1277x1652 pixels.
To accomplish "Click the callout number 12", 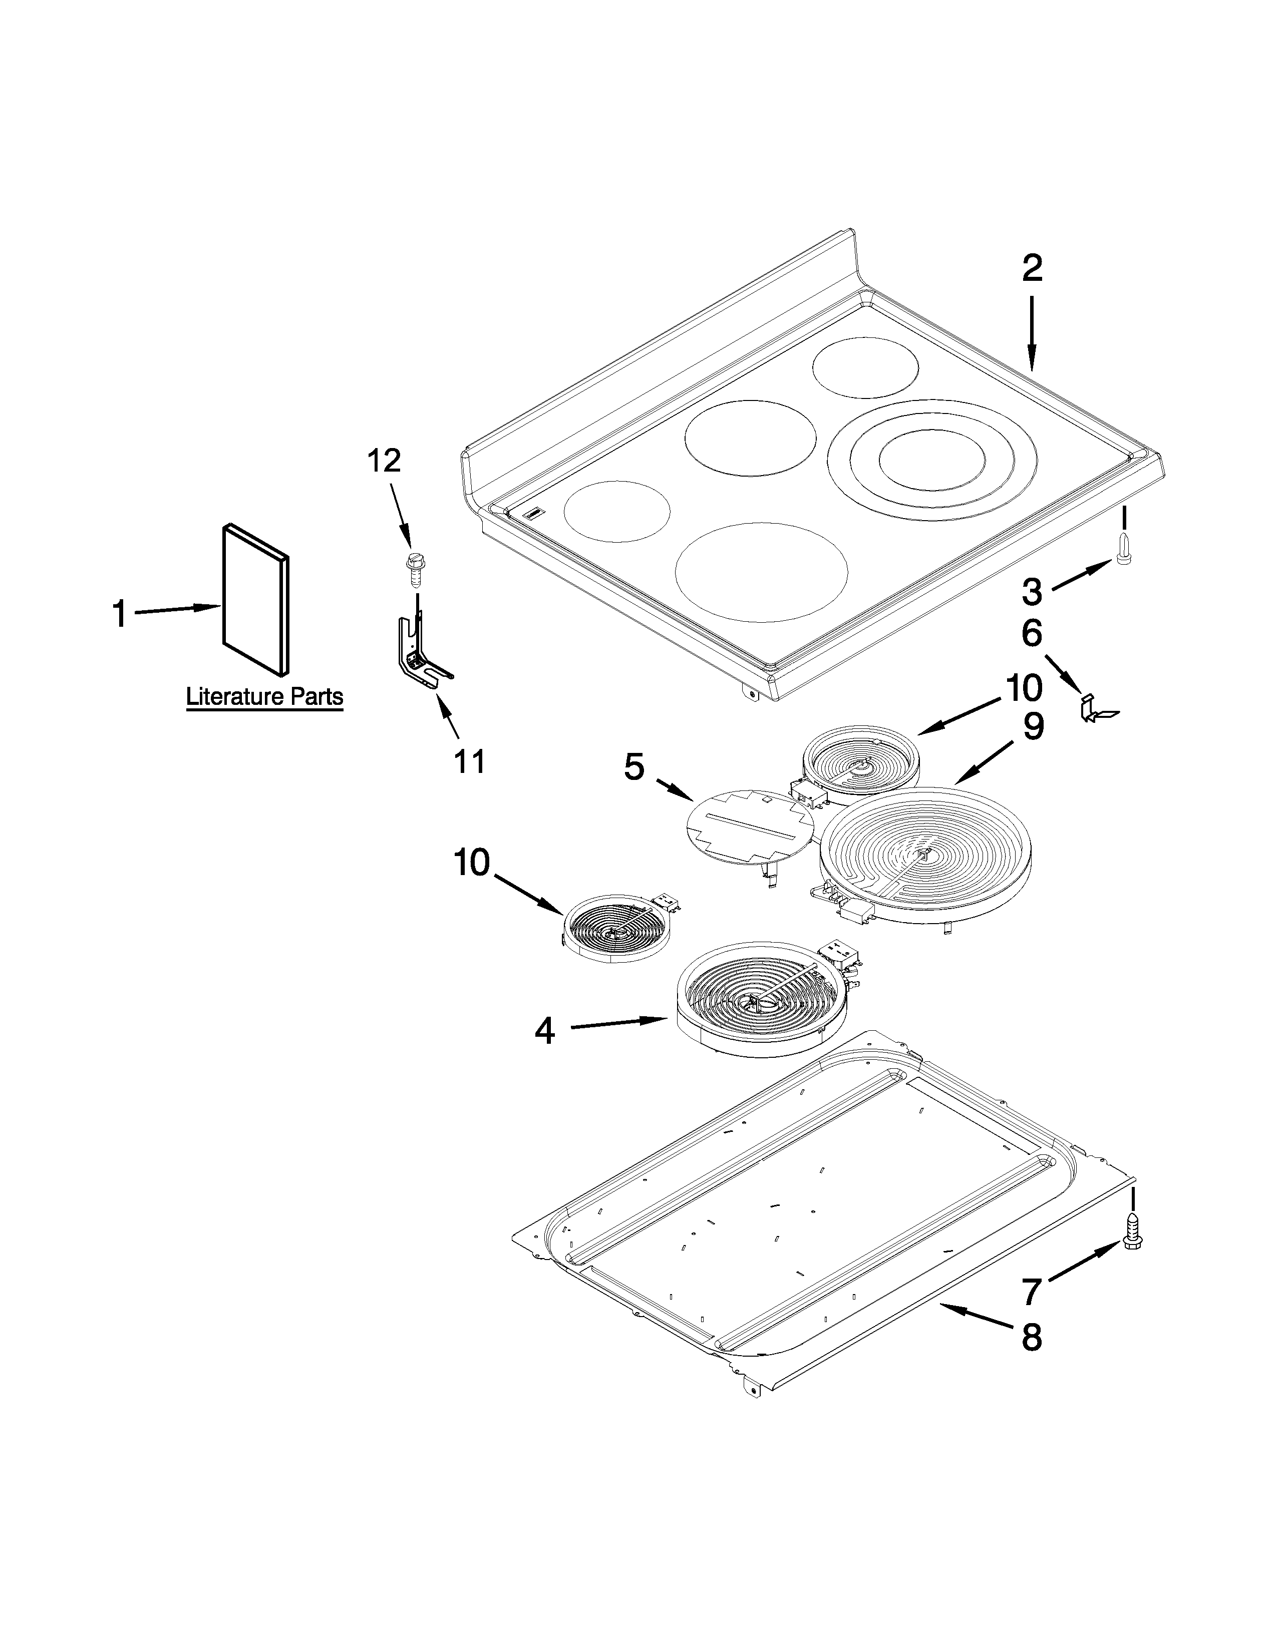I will [384, 460].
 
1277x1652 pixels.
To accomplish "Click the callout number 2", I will [1033, 268].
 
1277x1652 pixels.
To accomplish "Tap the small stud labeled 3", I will [1123, 548].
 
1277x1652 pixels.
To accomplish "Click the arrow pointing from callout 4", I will [616, 1023].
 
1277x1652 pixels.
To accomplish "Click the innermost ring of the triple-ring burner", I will [932, 461].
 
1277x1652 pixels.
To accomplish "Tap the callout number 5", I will [634, 768].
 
